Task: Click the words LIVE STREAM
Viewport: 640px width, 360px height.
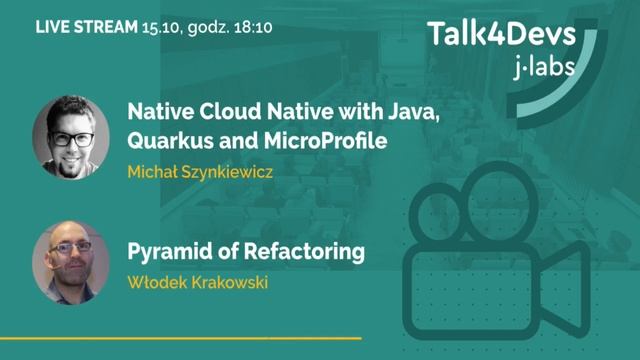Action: coord(87,28)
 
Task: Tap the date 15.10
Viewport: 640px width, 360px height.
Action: coord(163,28)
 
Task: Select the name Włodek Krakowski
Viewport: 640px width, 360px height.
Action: coord(198,281)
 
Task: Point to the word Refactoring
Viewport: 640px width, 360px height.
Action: coord(299,251)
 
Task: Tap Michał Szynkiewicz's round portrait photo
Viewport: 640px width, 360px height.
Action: coord(71,137)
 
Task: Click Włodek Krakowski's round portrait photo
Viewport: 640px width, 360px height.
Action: coord(71,261)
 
